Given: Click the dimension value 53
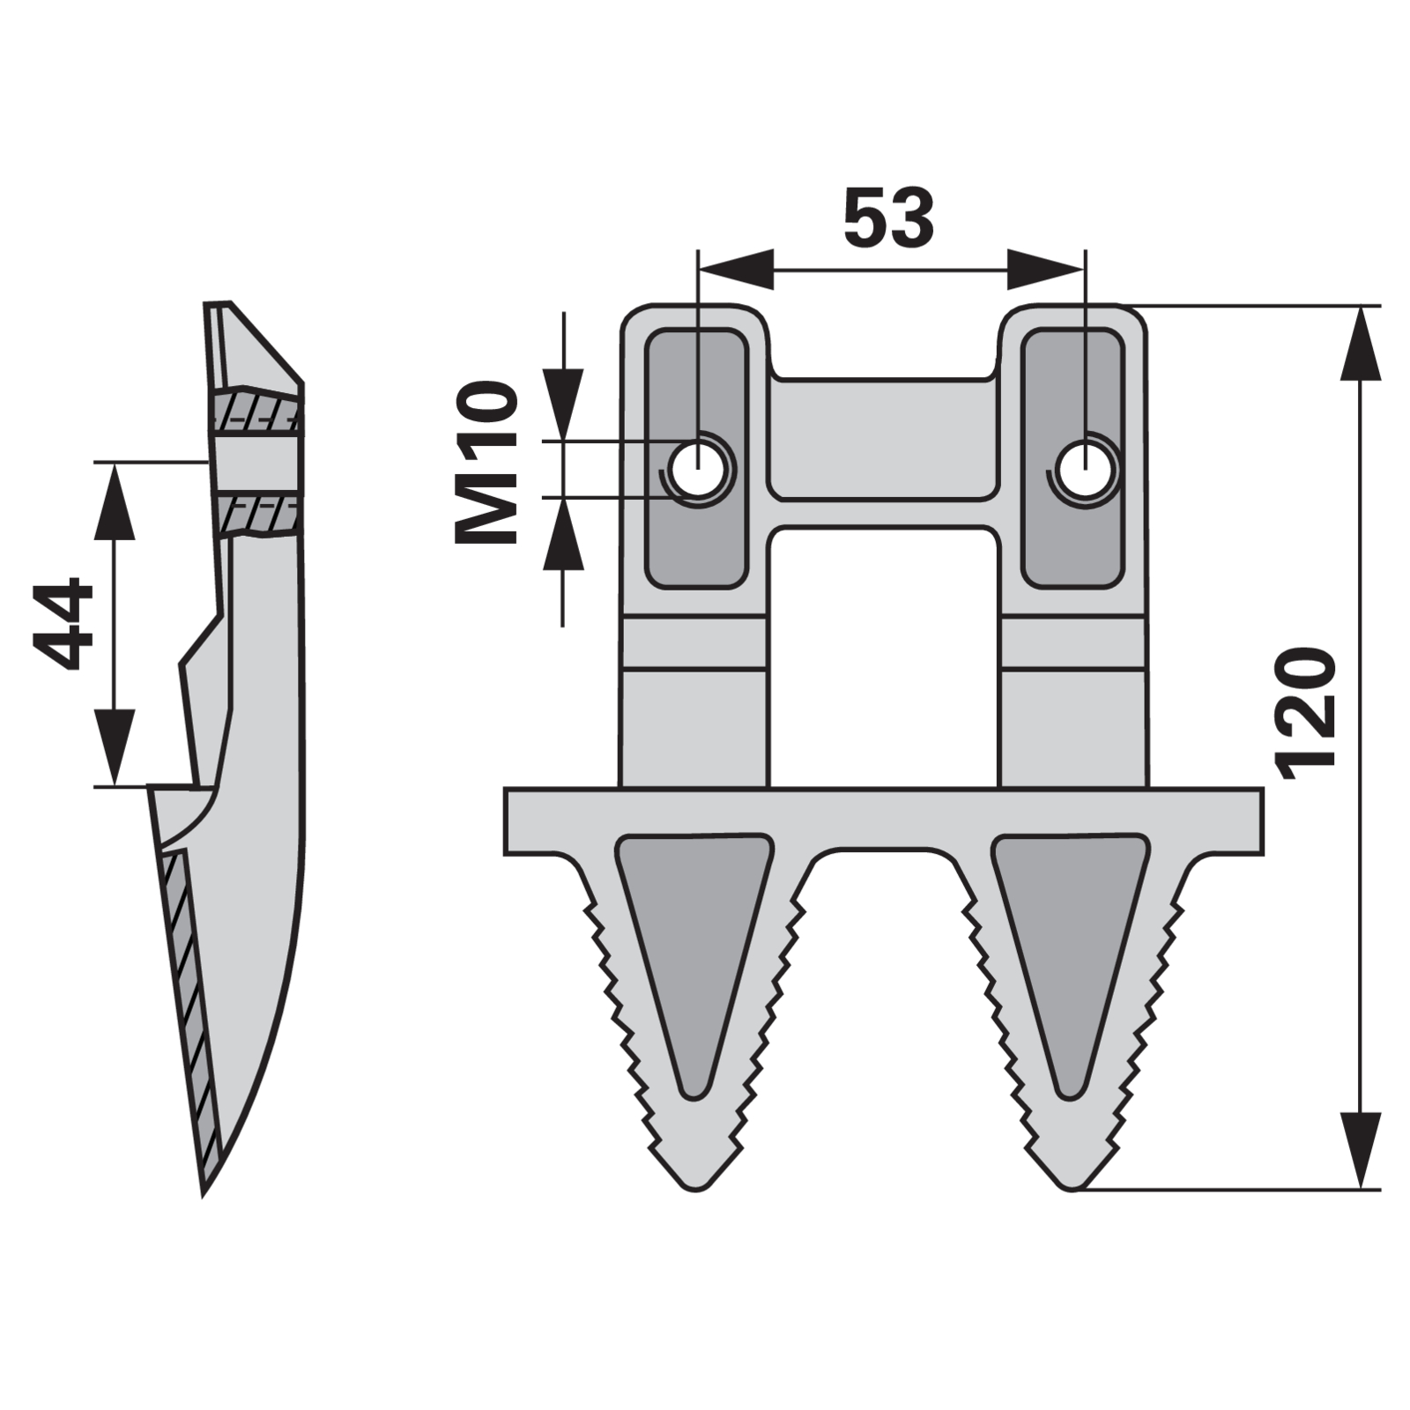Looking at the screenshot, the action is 888,218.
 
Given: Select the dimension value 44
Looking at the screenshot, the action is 63,624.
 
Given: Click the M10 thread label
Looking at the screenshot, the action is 486,463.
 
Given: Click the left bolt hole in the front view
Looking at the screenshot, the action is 698,469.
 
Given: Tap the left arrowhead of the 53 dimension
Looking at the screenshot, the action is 736,269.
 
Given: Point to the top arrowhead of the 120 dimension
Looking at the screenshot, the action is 1361,344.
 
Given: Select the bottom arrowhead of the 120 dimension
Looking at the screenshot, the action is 1361,1151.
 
